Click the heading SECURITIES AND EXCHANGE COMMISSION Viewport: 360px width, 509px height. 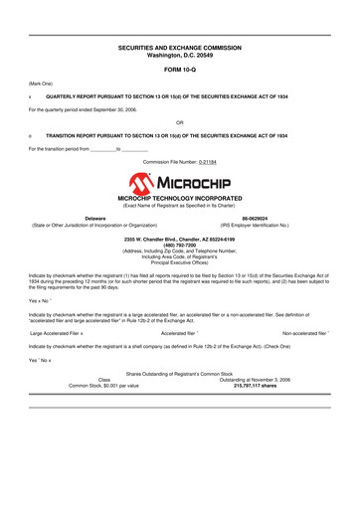[x=179, y=48]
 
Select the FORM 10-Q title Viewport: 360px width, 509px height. [x=179, y=71]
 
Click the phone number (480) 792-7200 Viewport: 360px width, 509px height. [x=179, y=246]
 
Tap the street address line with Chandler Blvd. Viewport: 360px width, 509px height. [x=179, y=240]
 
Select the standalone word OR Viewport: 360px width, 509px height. [x=179, y=120]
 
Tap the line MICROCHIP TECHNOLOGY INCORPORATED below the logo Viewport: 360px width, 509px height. [x=179, y=199]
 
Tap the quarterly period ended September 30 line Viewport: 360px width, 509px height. [x=89, y=108]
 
